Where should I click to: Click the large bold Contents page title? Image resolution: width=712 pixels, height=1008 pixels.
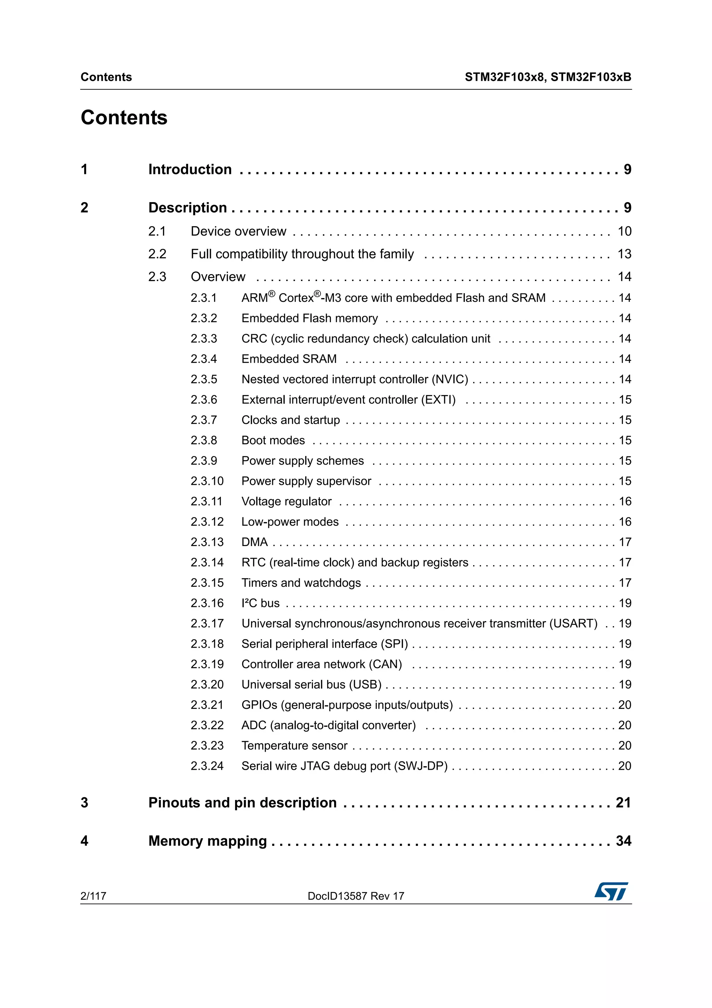point(124,118)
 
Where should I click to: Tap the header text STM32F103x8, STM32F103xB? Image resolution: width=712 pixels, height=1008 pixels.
point(548,77)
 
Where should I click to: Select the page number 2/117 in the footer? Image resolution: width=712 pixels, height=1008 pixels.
point(93,896)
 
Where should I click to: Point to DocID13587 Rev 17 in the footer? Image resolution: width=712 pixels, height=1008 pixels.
point(356,896)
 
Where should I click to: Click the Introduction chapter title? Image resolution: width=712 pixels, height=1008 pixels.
point(189,169)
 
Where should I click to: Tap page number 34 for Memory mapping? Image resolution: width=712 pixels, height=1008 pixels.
point(623,841)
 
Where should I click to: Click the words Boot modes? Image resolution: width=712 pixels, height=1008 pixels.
point(273,440)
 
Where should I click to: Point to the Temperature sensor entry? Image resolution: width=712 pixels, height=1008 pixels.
point(294,745)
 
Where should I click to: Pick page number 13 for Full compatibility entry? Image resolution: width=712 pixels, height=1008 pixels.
point(624,254)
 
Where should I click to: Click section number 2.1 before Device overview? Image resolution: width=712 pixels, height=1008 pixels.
point(157,231)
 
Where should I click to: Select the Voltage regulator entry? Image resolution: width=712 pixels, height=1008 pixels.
point(286,501)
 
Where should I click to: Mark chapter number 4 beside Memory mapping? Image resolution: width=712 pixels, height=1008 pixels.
point(84,841)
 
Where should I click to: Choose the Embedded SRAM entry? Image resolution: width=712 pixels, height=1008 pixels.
point(289,359)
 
